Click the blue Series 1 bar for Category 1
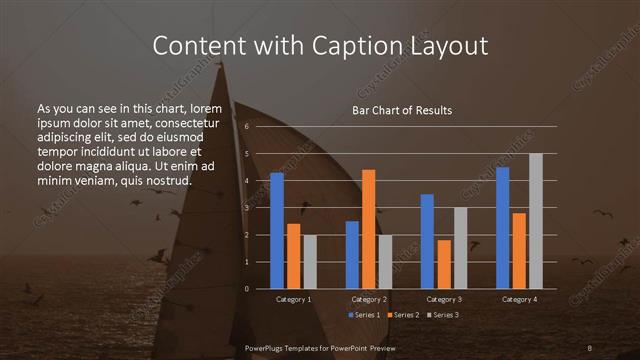click(277, 231)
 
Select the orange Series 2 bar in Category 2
click(369, 229)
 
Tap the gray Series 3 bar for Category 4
click(536, 221)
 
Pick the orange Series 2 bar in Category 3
click(444, 264)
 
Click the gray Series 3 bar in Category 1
click(310, 262)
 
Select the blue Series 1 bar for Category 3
click(427, 241)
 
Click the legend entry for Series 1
click(366, 315)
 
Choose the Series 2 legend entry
click(404, 315)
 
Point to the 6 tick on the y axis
click(246, 127)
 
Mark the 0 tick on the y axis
click(246, 289)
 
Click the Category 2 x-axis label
click(369, 299)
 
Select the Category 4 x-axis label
click(519, 299)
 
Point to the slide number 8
click(590, 347)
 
